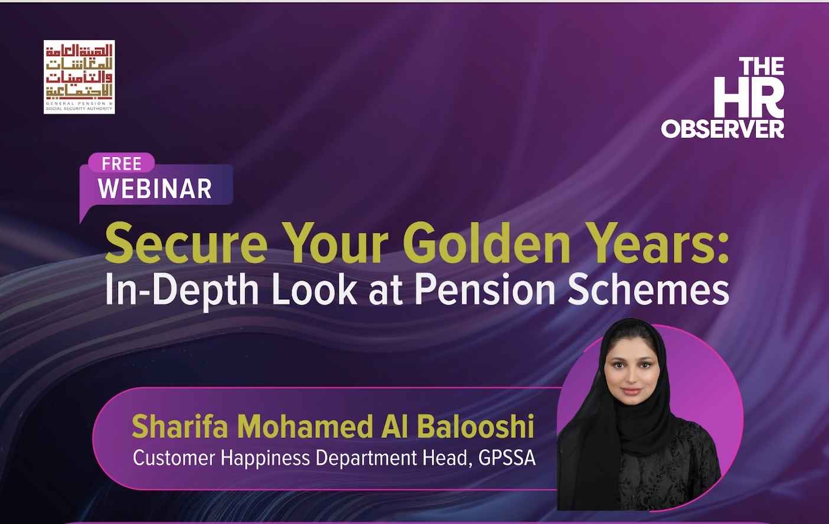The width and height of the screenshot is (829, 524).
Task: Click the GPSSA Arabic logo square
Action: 79,77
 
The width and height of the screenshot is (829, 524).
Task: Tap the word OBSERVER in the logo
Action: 722,129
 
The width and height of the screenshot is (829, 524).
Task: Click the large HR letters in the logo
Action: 749,97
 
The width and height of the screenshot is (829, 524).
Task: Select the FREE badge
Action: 122,163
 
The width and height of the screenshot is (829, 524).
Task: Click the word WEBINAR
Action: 155,189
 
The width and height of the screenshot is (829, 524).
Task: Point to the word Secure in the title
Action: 186,243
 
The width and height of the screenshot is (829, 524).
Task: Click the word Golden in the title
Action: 486,243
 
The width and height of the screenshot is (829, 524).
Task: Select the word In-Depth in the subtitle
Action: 182,291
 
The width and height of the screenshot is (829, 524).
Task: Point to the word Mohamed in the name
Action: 305,426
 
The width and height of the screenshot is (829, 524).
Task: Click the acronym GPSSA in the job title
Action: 507,458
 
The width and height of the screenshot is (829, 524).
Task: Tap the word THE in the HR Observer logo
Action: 762,66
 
